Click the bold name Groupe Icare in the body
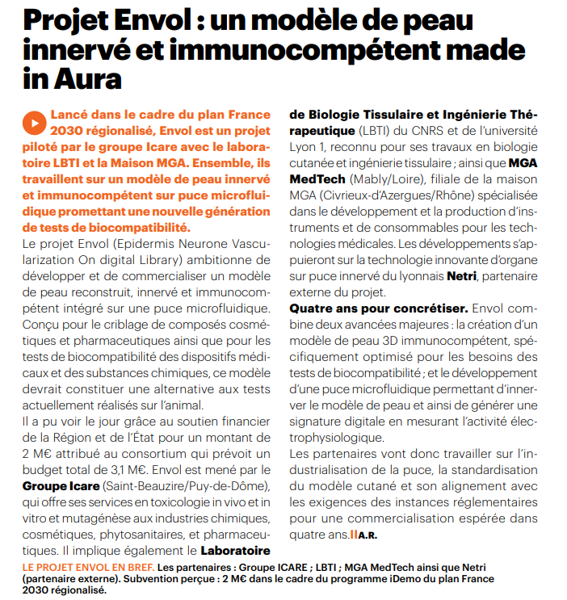[62, 485]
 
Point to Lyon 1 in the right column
[309, 146]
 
